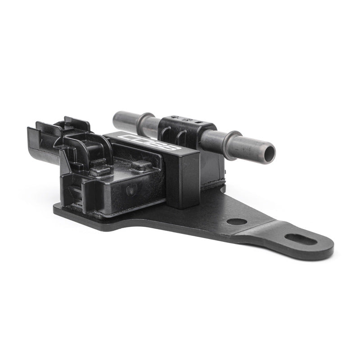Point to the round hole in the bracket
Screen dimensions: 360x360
tap(236, 221)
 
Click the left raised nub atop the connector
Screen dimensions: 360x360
tap(100, 171)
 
